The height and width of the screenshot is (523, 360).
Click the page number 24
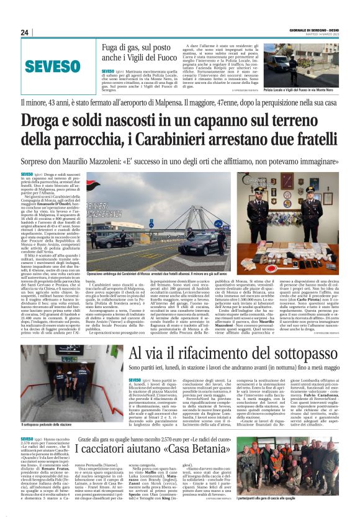(x=25, y=32)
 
